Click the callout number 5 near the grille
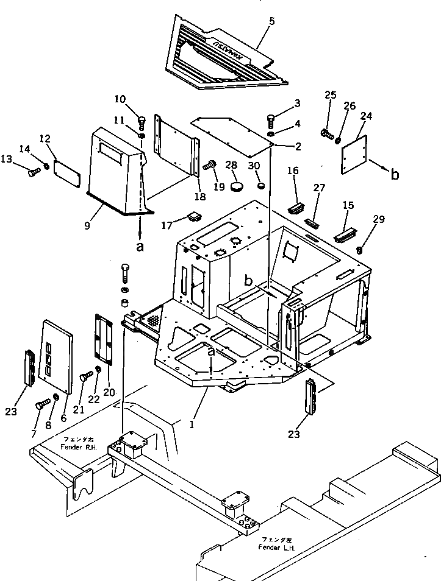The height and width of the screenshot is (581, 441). pos(272,21)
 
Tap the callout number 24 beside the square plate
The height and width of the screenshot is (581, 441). pos(366,116)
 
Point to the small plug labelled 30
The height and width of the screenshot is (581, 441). pos(261,185)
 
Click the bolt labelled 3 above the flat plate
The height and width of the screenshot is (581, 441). pos(271,119)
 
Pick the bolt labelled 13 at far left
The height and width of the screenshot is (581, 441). pos(33,173)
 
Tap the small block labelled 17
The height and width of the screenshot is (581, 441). pos(195,216)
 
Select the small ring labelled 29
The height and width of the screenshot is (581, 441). pos(360,249)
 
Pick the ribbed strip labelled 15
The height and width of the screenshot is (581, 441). pos(345,234)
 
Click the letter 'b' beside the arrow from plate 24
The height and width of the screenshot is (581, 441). pos(395,174)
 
